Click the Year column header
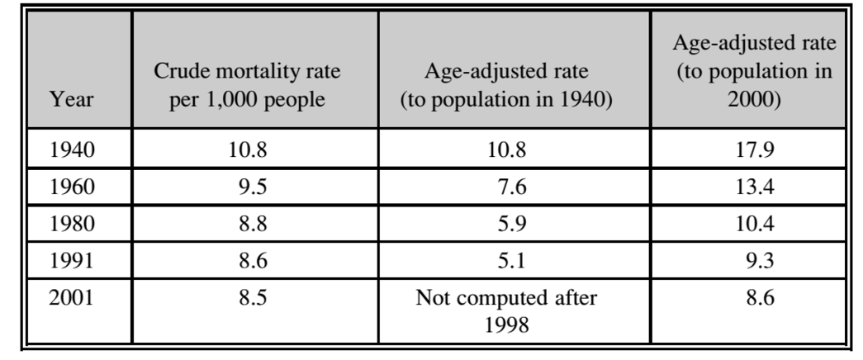(x=72, y=102)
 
